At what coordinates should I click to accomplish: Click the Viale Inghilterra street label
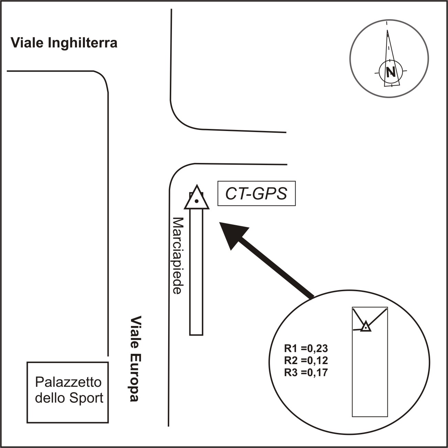(x=64, y=43)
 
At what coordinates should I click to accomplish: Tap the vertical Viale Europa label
(x=134, y=359)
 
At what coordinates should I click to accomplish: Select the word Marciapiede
(x=177, y=255)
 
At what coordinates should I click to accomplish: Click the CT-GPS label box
(x=256, y=194)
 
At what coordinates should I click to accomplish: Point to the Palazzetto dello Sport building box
(x=68, y=392)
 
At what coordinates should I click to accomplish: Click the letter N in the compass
(x=390, y=72)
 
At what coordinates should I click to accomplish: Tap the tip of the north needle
(x=388, y=31)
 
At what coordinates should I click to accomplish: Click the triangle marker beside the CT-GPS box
(x=197, y=199)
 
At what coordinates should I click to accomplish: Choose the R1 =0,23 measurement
(x=306, y=349)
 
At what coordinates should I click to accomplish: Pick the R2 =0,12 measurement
(x=306, y=360)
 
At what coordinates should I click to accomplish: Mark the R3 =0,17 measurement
(x=306, y=372)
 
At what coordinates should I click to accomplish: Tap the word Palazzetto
(x=68, y=382)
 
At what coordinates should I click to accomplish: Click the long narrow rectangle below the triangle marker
(x=196, y=272)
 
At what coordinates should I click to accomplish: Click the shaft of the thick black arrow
(x=275, y=266)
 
